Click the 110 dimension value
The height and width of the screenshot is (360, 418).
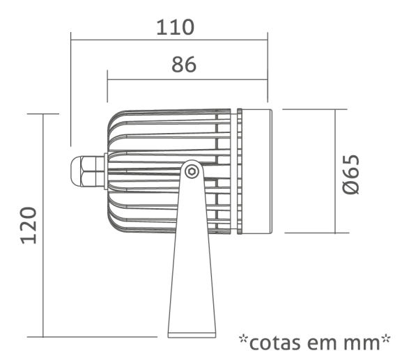(x=175, y=27)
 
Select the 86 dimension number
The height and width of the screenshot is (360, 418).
(x=184, y=65)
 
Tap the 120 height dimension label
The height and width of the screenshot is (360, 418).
(x=29, y=225)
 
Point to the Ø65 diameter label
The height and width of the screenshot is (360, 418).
(x=351, y=175)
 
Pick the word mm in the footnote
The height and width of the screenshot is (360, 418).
(x=362, y=344)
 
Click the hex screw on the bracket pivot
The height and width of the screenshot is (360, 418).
(x=192, y=171)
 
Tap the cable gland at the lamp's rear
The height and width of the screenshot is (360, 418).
(x=87, y=171)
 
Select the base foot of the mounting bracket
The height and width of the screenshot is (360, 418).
(x=192, y=335)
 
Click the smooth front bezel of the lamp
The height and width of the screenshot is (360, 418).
(x=257, y=171)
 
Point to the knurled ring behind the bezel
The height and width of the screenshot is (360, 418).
(x=240, y=171)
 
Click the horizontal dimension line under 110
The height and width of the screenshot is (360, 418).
(x=169, y=40)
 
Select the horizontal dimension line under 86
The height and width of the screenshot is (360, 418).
(x=187, y=79)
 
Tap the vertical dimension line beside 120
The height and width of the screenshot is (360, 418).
(x=43, y=226)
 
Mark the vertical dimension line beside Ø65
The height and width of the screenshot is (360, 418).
(x=335, y=171)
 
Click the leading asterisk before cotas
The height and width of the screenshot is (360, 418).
(x=243, y=338)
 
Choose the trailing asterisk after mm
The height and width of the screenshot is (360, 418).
(x=386, y=338)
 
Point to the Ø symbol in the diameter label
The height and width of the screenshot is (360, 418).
(x=351, y=187)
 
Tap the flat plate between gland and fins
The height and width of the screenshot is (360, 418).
(x=106, y=171)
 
